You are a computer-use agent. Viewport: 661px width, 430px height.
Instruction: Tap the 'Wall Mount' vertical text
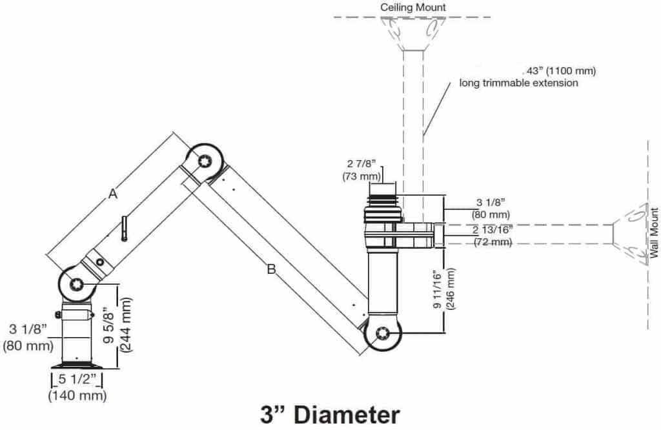(x=654, y=233)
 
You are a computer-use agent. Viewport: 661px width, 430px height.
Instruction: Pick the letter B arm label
(x=272, y=269)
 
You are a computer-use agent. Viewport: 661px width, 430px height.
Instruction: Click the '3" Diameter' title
(x=330, y=414)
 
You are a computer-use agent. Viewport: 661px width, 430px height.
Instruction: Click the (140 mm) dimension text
(x=77, y=395)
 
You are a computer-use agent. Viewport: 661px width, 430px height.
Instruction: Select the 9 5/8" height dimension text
(x=109, y=321)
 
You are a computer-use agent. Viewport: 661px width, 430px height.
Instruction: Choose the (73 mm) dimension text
(x=358, y=176)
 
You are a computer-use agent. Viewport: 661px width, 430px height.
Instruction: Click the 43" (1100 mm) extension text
(x=559, y=70)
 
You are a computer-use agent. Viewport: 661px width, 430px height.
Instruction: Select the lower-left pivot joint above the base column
(x=77, y=283)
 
